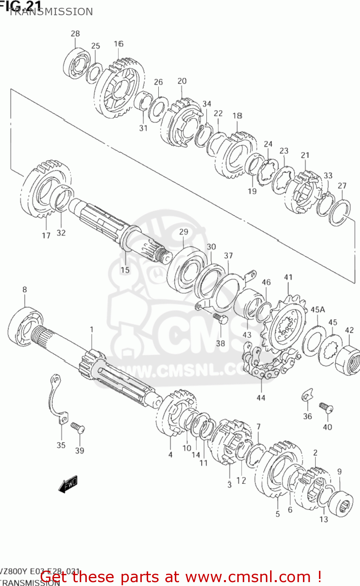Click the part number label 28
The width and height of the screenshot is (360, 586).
[75, 34]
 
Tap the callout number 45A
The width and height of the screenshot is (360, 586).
[318, 310]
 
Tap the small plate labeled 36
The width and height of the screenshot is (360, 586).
[307, 396]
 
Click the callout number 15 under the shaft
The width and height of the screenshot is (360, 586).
[125, 270]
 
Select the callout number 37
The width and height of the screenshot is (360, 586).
[228, 256]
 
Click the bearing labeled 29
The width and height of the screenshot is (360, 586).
[187, 270]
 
